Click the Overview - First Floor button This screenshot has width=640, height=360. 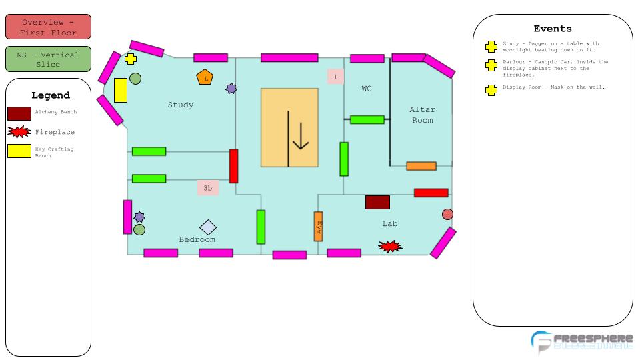pos(48,27)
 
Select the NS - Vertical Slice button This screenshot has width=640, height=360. pos(48,59)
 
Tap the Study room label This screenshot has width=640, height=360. pos(181,105)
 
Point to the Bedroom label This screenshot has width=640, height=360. pos(197,239)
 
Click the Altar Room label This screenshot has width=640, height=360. pos(422,115)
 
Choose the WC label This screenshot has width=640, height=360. pos(367,89)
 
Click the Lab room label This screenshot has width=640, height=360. pos(390,223)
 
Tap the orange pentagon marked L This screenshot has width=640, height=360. pos(205,77)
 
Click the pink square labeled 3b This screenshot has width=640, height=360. pos(208,188)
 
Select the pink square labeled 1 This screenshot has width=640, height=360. pos(335,77)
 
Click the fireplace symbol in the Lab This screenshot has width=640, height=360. pos(390,247)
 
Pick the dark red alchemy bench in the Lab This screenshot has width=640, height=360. pos(377,202)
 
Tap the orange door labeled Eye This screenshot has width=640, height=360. pos(319,226)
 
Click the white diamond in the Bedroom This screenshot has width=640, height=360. pos(208,227)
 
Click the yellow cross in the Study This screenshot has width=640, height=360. pos(131,59)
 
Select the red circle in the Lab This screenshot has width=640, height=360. pos(447,214)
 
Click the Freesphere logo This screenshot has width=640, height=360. pos(581,341)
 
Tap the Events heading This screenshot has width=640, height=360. pos(553,29)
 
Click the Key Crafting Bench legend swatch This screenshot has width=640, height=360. pos(19,151)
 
